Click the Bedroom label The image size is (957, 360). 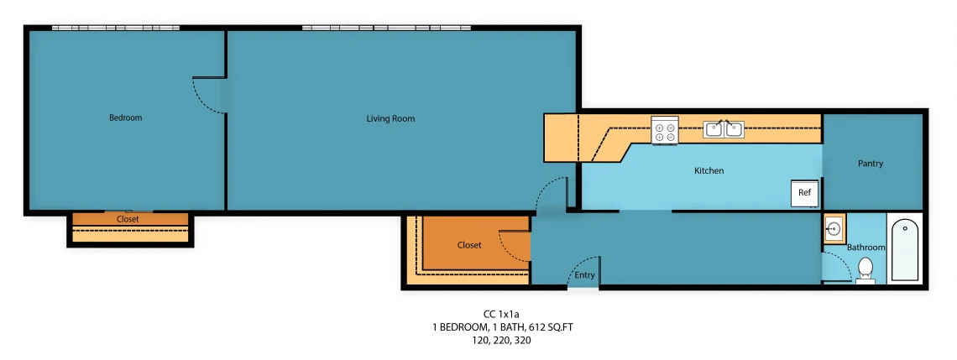click(125, 117)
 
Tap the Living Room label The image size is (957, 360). click(390, 118)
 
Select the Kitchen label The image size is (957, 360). click(709, 171)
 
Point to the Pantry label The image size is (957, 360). click(871, 164)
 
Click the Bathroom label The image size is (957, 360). click(866, 247)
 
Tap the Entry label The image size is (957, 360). click(585, 275)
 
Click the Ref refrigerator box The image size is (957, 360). click(805, 193)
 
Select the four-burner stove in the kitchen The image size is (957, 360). click(665, 130)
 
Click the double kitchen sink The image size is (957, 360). click(724, 128)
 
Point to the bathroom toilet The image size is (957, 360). click(865, 270)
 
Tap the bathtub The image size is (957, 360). click(904, 249)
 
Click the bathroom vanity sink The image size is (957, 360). click(834, 229)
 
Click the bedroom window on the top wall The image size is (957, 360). click(115, 28)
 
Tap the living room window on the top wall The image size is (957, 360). click(386, 28)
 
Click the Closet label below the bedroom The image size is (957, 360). click(128, 219)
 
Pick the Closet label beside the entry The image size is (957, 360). click(469, 245)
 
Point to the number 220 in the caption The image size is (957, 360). click(503, 341)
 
